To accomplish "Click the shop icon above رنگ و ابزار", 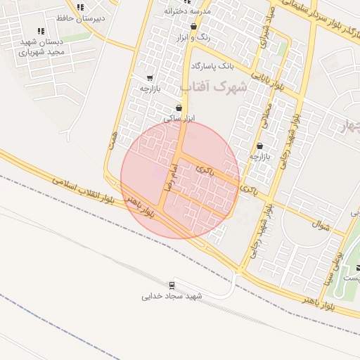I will pos(193,27).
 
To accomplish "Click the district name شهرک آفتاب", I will pos(214,86).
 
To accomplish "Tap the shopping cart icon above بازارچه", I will pos(149,78).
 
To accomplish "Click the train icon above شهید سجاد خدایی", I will pos(172,285).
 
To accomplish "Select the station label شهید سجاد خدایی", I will pos(172,296).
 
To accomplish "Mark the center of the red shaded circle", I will pos(180,179).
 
